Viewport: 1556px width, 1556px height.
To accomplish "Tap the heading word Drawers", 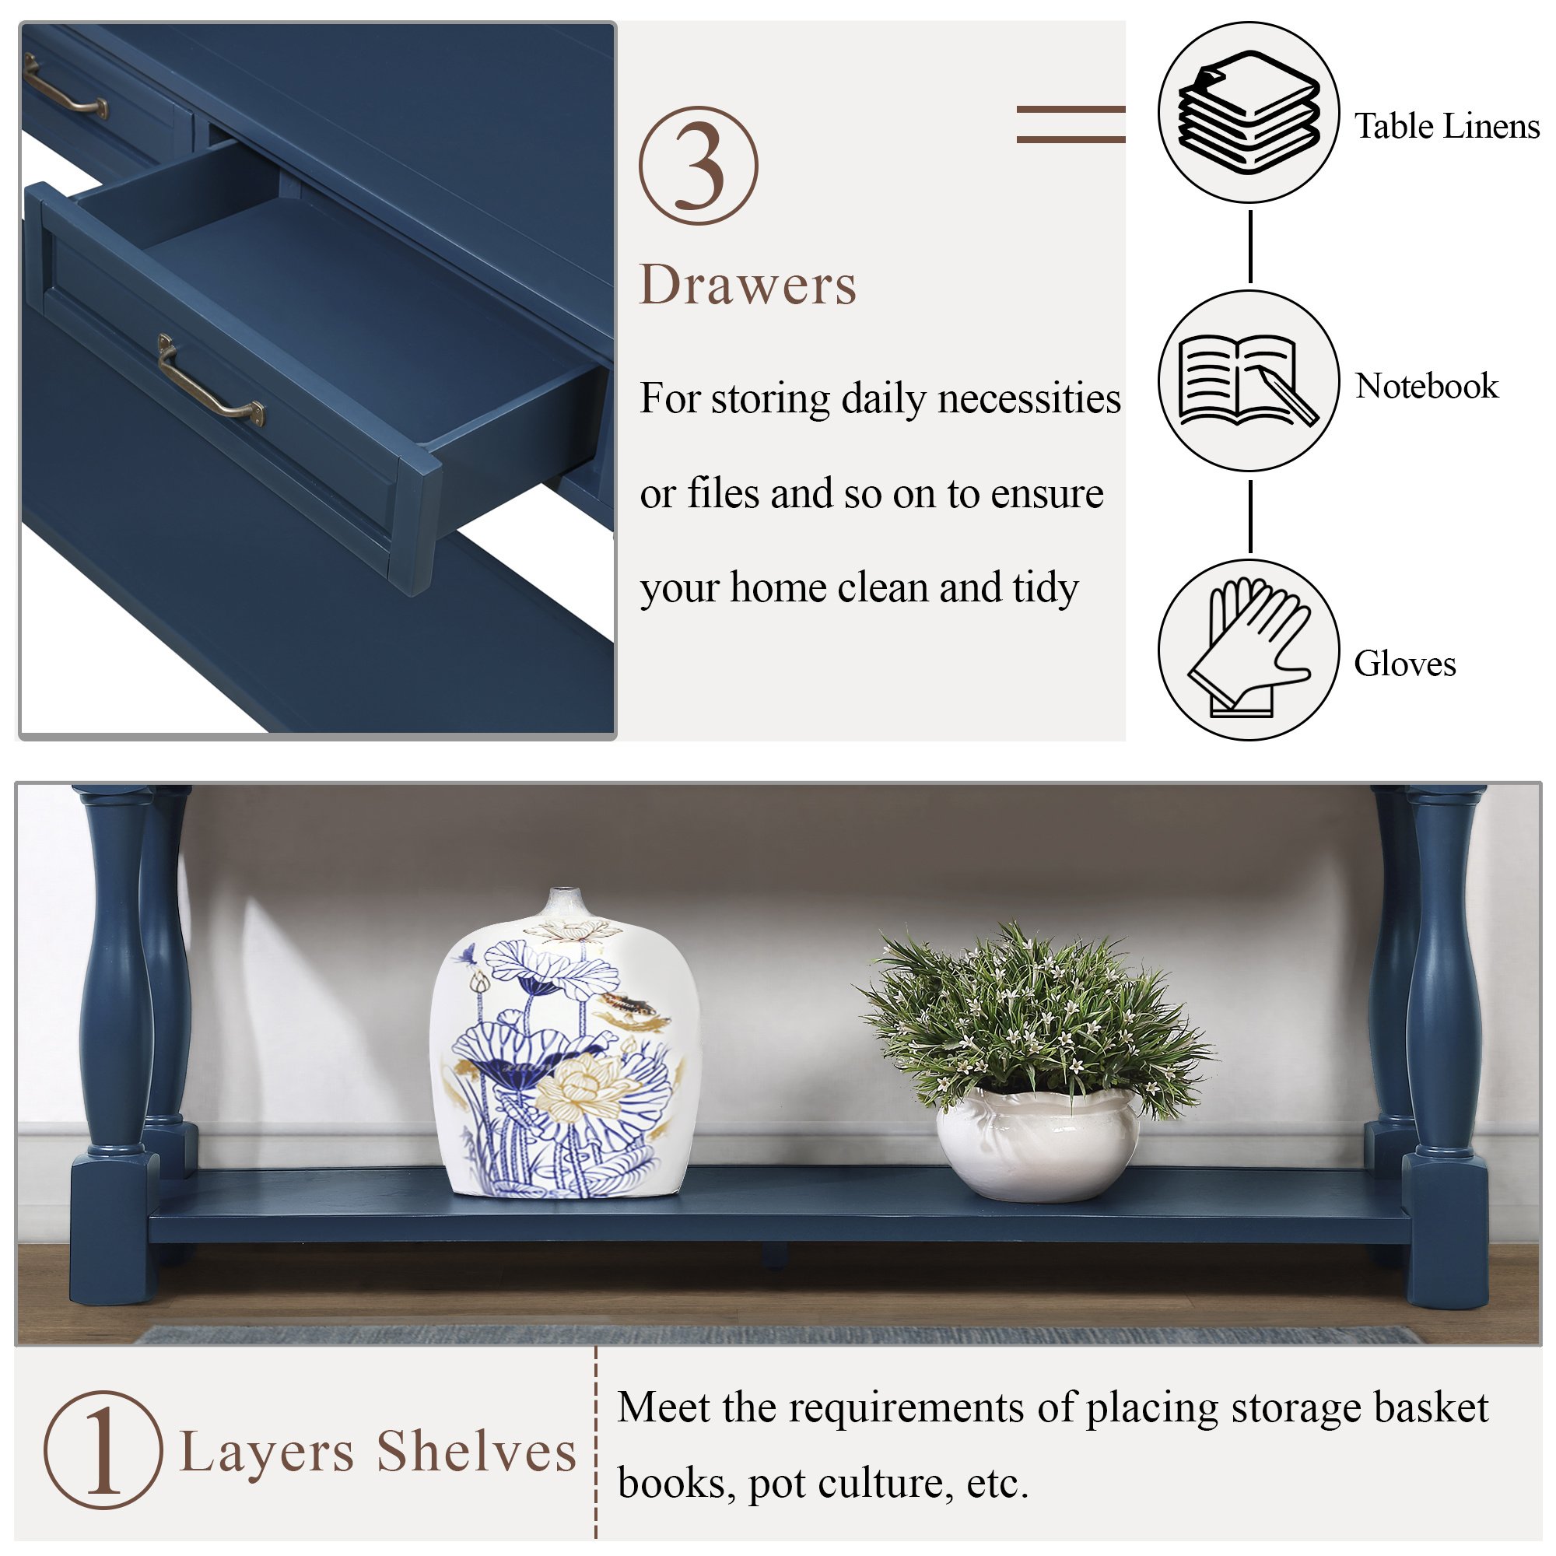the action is tap(748, 285).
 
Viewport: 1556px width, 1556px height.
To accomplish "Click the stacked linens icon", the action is tap(1249, 112).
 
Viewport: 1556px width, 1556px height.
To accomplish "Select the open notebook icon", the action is tap(1248, 380).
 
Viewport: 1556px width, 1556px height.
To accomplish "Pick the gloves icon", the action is tap(1248, 647).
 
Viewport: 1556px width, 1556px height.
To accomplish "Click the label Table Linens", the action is tap(1446, 127).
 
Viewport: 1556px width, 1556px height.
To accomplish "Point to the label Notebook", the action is tap(1426, 386).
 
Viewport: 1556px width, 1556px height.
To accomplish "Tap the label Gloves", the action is tap(1404, 664).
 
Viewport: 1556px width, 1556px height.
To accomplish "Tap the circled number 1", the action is tap(103, 1449).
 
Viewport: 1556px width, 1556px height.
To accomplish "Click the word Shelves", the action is tap(477, 1451).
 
